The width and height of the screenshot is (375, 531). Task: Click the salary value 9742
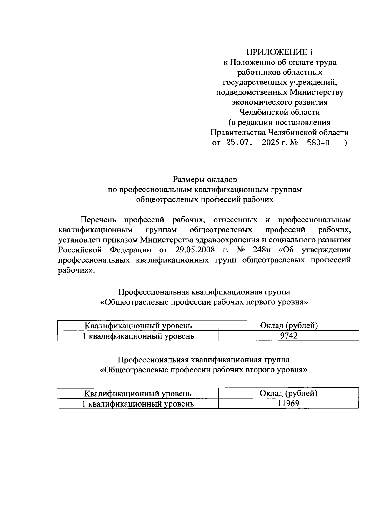tap(289, 336)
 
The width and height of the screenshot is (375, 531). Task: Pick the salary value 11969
tap(288, 404)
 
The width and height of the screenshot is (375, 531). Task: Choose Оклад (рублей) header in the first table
tap(289, 326)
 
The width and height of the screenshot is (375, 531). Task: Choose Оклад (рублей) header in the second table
tap(288, 393)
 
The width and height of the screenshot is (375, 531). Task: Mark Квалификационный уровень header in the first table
tap(138, 326)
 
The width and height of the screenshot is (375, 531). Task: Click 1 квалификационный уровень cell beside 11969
tap(137, 404)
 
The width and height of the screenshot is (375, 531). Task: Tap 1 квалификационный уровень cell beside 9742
tap(138, 336)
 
